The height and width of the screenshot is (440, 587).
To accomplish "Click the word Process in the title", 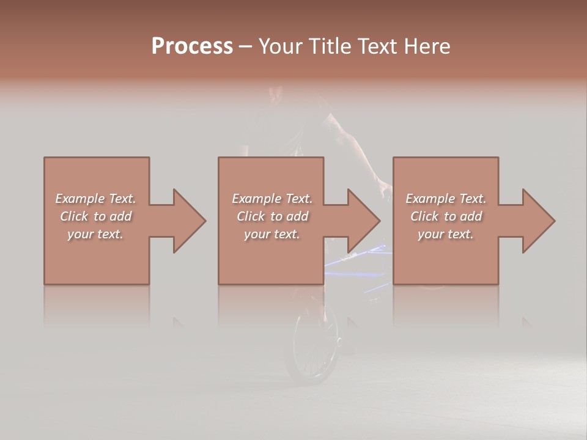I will (x=192, y=46).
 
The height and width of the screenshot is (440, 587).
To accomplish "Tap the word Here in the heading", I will (x=427, y=46).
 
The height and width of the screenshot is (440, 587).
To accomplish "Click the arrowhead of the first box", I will (x=189, y=221).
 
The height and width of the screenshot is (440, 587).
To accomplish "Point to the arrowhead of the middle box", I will (x=364, y=221).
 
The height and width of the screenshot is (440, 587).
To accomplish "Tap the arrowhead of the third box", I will (x=538, y=221).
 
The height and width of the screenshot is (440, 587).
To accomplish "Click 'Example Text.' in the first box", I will (x=95, y=199).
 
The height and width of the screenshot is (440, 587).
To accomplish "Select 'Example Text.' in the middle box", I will (x=272, y=199).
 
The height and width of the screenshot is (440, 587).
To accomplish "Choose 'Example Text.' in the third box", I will (x=446, y=199).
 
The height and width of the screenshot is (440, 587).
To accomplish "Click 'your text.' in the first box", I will (x=95, y=234).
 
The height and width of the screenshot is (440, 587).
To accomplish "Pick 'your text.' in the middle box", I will (x=272, y=234).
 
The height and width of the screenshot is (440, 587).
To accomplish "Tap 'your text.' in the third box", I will (x=446, y=234).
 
